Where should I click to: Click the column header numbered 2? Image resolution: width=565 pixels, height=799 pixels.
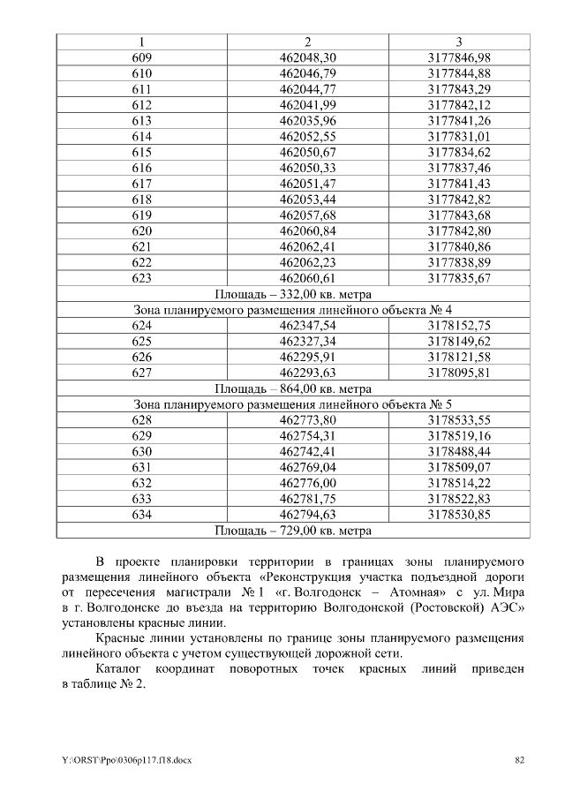[x=307, y=41]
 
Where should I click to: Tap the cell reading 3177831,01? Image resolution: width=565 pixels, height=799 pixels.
[x=459, y=136]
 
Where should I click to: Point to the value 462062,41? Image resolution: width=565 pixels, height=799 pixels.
[x=307, y=246]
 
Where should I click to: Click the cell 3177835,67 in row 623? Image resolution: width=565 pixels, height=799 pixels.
[x=459, y=278]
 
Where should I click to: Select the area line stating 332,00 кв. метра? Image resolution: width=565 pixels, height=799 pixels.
[x=293, y=294]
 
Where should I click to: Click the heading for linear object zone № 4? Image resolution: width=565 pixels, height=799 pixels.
[x=293, y=310]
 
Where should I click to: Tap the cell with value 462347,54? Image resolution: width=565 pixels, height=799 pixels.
[x=307, y=326]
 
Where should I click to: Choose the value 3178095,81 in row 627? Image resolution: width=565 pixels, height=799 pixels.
[x=459, y=373]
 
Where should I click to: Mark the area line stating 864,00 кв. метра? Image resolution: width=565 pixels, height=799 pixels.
[x=293, y=388]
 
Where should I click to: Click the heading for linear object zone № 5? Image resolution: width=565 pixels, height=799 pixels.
[x=293, y=404]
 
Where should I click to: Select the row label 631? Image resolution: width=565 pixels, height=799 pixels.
[x=141, y=467]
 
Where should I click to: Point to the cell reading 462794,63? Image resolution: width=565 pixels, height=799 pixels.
[x=307, y=515]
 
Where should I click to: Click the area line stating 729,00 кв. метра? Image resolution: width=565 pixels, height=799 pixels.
[x=293, y=531]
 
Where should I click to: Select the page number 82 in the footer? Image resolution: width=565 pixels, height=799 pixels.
[x=519, y=760]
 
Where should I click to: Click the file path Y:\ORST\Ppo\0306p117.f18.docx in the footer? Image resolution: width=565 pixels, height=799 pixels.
[x=114, y=760]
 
